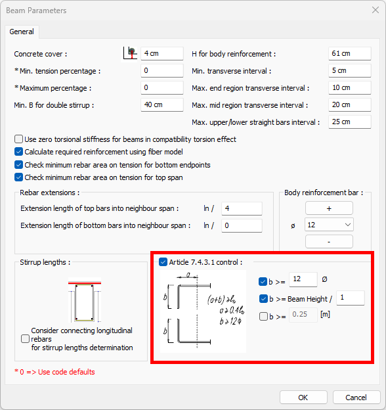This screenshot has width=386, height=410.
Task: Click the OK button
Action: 303,398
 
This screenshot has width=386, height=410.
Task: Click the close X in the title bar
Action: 375,10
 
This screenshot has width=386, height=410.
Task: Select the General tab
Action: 22,32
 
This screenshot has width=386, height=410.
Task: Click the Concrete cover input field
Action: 162,54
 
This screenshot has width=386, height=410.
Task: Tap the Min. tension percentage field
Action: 162,70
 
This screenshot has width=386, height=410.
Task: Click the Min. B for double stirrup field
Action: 162,105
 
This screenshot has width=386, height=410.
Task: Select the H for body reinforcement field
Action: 350,54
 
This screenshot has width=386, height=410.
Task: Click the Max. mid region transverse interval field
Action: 350,105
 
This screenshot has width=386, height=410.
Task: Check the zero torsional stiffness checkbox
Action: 18,139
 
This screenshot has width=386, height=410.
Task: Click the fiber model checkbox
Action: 18,152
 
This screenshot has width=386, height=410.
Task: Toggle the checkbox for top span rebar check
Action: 18,177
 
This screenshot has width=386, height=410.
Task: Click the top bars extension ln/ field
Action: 242,209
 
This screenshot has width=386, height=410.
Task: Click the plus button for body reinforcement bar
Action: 329,208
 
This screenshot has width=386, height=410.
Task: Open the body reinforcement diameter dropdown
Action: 329,225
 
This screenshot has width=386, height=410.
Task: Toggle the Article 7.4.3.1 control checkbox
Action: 163,262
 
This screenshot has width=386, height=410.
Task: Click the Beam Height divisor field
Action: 351,298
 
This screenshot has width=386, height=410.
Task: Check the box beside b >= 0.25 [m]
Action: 263,317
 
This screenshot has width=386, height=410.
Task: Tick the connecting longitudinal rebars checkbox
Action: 25,339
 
